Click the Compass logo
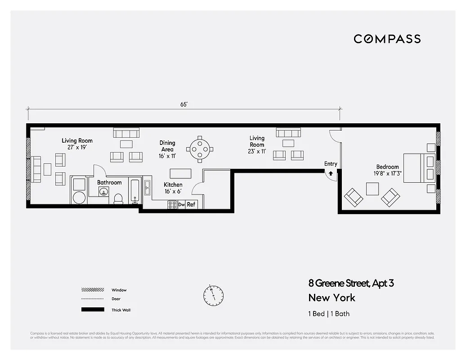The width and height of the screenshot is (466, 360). pos(387,39)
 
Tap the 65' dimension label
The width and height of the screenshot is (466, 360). pos(184,104)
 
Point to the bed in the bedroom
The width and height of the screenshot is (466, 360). pos(419,168)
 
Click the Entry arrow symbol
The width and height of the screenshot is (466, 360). pos(331,173)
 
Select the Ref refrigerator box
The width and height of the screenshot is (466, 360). pos(191,204)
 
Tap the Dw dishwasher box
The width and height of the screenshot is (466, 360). pos(181,204)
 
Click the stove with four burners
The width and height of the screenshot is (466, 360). pos(172,204)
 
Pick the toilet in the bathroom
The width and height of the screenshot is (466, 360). pos(119,198)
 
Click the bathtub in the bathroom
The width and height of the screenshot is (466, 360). pos(135,190)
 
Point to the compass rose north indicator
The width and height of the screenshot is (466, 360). pos(213,295)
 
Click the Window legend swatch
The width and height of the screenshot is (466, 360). pos(93,290)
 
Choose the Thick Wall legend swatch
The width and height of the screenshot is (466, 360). pos(93,310)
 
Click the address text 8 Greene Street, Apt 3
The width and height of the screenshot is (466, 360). pos(351,283)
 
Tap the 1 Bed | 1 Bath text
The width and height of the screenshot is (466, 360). pos(329,314)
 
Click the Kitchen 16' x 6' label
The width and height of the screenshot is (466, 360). pos(173,188)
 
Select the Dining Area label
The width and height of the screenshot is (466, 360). pos(167,146)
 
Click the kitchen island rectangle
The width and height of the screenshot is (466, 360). pos(180,173)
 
